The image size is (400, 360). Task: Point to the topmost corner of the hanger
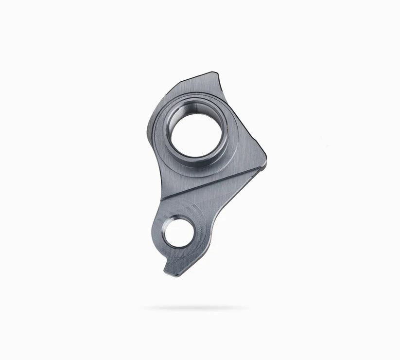pyautogui.click(x=213, y=73)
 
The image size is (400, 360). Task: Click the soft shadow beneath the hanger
pyautogui.click(x=194, y=308)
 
